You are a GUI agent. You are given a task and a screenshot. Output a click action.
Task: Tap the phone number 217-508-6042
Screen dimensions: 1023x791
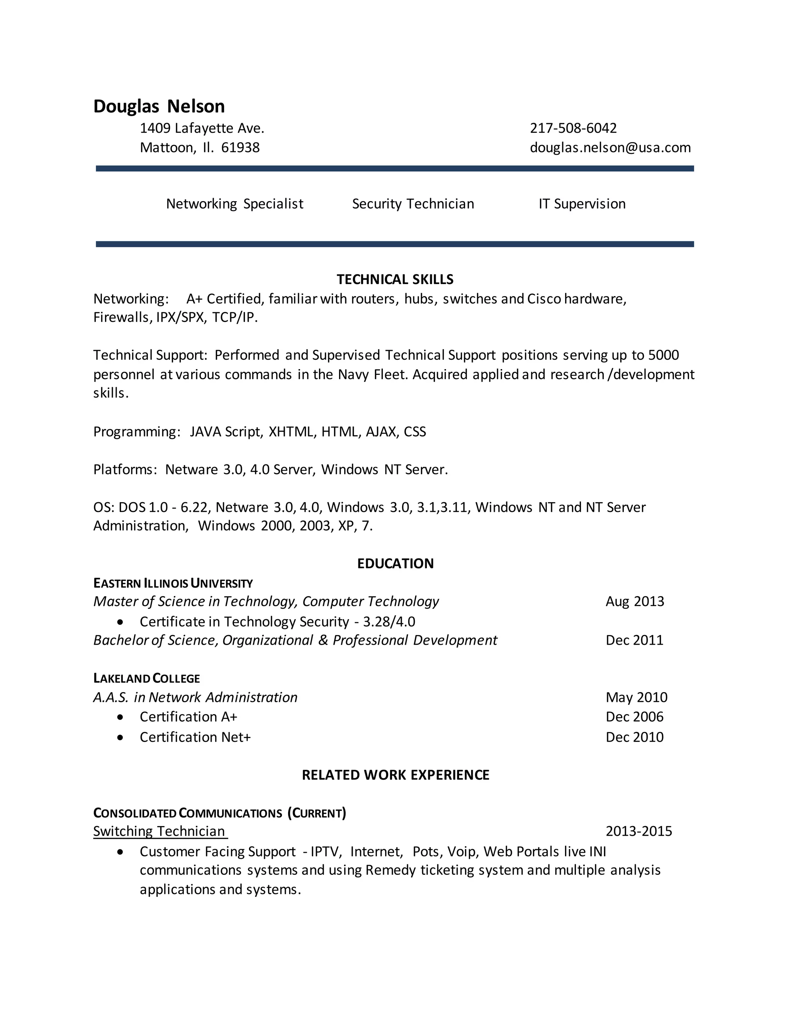(x=573, y=128)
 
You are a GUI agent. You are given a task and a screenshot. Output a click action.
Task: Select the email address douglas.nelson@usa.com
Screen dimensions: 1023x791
(x=610, y=147)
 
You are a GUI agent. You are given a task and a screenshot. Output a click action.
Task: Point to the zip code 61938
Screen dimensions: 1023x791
(x=240, y=147)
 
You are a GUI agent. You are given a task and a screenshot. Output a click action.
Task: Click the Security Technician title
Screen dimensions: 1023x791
(x=413, y=204)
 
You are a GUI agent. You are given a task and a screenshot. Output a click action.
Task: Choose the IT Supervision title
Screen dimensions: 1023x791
(x=582, y=204)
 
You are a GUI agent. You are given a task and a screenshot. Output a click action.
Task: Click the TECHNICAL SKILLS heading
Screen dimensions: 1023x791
(x=395, y=279)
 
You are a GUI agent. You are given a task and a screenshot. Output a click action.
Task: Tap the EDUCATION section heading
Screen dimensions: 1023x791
(x=395, y=564)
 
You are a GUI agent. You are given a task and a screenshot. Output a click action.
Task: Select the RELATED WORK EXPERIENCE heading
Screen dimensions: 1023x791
(x=395, y=775)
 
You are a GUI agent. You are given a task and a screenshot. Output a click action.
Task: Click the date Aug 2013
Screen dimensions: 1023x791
(x=635, y=601)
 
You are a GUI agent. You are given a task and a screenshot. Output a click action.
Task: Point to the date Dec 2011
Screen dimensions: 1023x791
(x=635, y=640)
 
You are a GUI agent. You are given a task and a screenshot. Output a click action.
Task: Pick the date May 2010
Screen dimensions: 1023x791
(x=637, y=698)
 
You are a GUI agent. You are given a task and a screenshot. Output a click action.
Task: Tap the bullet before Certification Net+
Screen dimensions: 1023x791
(x=121, y=737)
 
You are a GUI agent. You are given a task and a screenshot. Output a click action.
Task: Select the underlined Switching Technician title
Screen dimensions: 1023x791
(x=160, y=832)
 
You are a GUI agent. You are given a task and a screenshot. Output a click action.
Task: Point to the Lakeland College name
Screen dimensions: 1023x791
(x=147, y=679)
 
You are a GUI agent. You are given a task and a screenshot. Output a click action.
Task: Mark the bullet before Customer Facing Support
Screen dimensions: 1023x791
(x=121, y=852)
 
